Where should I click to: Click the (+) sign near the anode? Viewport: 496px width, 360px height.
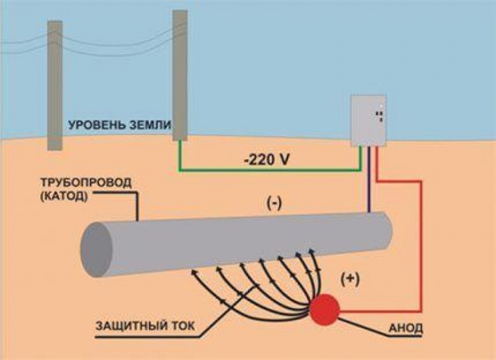[350, 278]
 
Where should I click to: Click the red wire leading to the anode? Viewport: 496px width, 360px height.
[422, 248]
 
